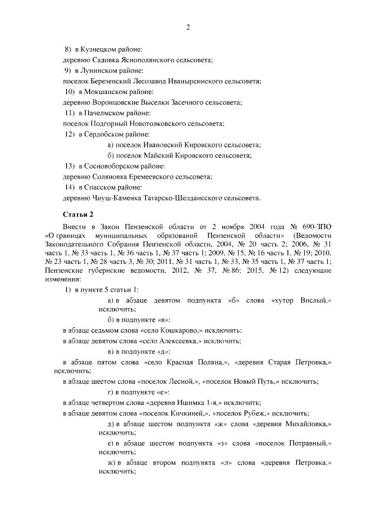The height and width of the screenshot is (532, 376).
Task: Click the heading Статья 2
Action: pyautogui.click(x=78, y=215)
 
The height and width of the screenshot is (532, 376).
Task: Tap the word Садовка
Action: pyautogui.click(x=106, y=59)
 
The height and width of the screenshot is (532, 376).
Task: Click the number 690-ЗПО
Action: pyautogui.click(x=316, y=227)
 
